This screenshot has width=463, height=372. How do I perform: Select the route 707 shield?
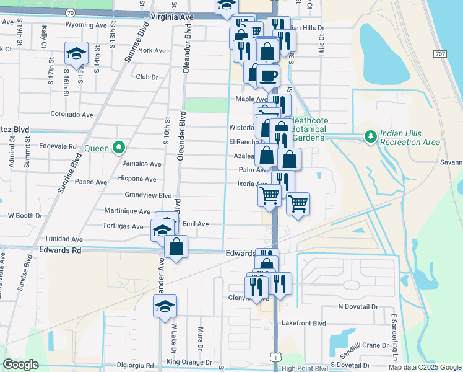(x=440, y=55)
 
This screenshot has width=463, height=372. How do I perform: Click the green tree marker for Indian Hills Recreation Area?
(x=370, y=136)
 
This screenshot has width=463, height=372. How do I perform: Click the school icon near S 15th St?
(x=76, y=54)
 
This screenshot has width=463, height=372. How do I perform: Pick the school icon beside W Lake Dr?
(x=164, y=306)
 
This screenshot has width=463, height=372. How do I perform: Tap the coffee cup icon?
(x=268, y=76)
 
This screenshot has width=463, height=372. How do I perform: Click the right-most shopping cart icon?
(x=298, y=203)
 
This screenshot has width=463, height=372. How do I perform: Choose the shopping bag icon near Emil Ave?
(x=176, y=247)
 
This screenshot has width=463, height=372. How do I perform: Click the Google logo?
(x=21, y=365)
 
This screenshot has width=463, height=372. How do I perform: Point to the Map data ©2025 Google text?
(x=425, y=367)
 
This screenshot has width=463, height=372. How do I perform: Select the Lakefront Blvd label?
(x=303, y=323)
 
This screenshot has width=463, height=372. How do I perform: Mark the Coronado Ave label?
(x=71, y=115)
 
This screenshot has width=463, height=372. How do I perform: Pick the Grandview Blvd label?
(x=148, y=195)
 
